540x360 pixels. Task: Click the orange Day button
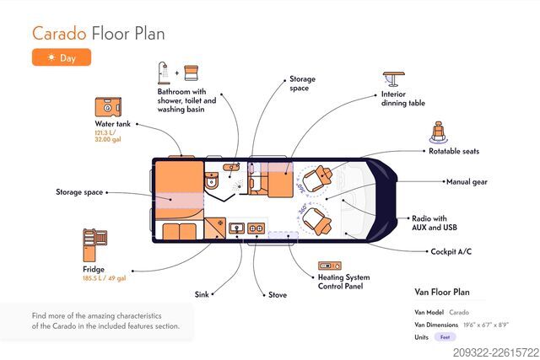tap(62, 57)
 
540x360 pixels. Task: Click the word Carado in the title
tap(59, 34)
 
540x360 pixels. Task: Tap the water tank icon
tap(108, 107)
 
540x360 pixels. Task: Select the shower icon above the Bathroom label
tap(164, 73)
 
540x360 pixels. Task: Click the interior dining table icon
tap(394, 79)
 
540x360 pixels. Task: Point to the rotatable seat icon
tap(439, 132)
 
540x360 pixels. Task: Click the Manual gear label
tap(467, 182)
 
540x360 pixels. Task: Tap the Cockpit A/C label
tap(451, 251)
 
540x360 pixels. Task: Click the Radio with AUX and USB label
tap(435, 223)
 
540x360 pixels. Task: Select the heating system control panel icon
tap(330, 266)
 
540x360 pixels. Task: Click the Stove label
tap(278, 295)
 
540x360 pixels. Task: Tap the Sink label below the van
tap(202, 294)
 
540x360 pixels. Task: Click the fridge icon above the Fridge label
tap(94, 245)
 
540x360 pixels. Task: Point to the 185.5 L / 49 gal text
tap(105, 278)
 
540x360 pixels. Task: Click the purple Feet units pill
tap(445, 337)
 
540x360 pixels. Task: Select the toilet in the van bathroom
tap(211, 180)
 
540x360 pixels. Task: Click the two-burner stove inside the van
tap(256, 228)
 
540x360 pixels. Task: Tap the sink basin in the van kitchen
tap(237, 228)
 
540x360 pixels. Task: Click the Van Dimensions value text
tap(486, 325)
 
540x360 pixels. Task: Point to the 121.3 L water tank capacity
tap(105, 133)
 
